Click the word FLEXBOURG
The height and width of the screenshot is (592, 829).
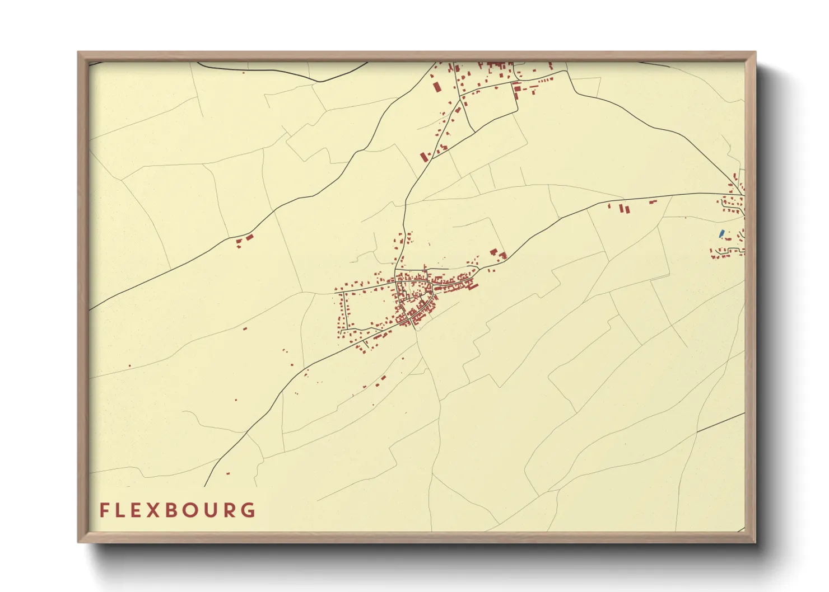178,510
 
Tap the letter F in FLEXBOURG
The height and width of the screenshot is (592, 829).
104,510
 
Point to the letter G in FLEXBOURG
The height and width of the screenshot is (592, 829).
248,510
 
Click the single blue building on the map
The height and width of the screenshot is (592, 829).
721,233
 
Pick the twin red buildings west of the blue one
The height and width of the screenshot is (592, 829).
623,209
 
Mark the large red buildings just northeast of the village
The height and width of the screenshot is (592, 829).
497,254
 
